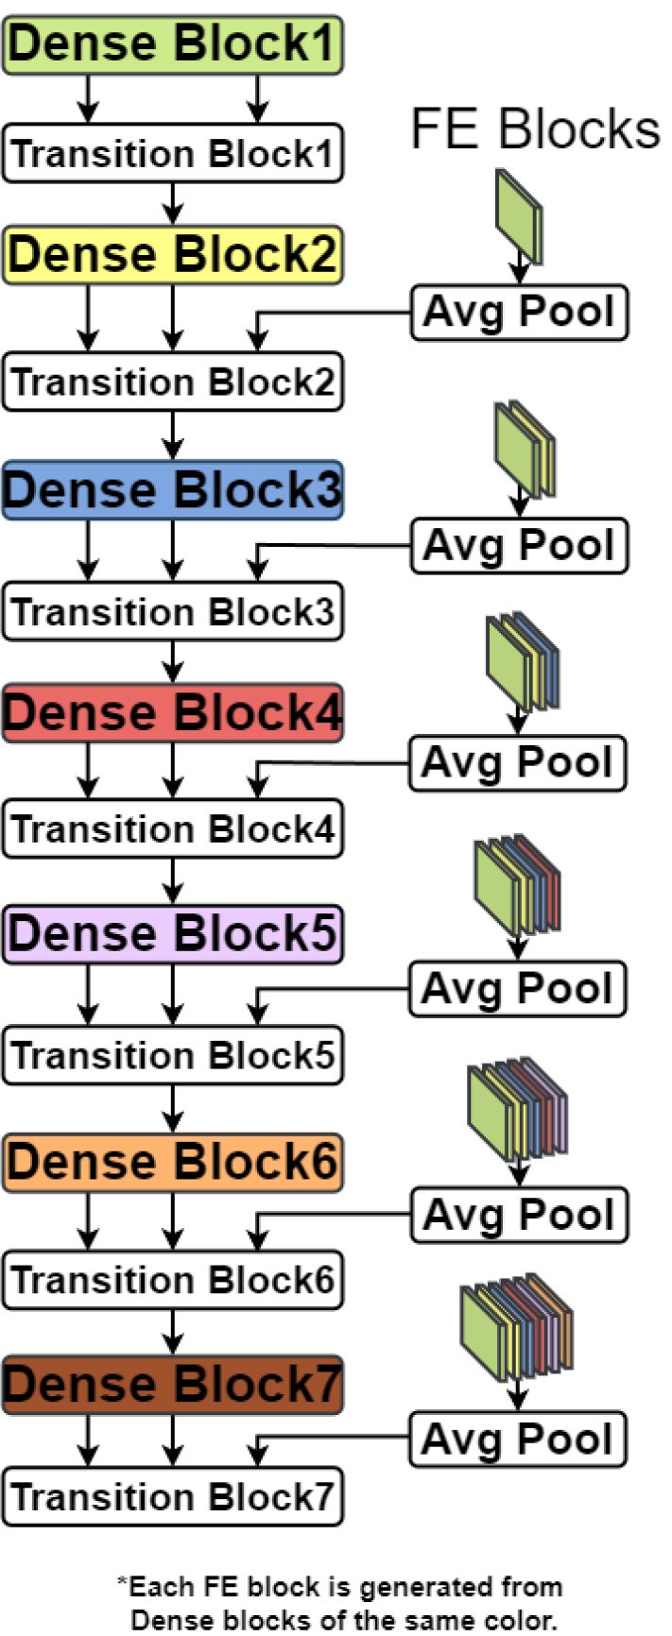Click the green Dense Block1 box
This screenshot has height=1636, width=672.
[172, 44]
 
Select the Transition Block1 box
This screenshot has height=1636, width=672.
[172, 153]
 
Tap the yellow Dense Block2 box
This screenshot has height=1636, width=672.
[172, 255]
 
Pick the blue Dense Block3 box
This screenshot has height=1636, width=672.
[172, 490]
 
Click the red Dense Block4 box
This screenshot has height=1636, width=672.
[172, 713]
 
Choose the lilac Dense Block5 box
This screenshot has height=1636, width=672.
[172, 934]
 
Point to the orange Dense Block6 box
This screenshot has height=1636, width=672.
[172, 1162]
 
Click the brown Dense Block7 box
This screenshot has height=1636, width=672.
[172, 1385]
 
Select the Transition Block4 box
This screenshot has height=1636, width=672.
[172, 829]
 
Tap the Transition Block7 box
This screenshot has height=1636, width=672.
[172, 1497]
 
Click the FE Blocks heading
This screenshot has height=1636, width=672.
[535, 129]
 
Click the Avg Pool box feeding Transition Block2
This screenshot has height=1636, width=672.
[519, 312]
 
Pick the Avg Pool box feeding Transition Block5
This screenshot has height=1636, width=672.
[517, 989]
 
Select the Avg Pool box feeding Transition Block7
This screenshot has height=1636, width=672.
[517, 1440]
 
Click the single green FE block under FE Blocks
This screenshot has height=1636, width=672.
[519, 215]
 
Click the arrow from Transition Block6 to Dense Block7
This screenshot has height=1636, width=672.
[172, 1333]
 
